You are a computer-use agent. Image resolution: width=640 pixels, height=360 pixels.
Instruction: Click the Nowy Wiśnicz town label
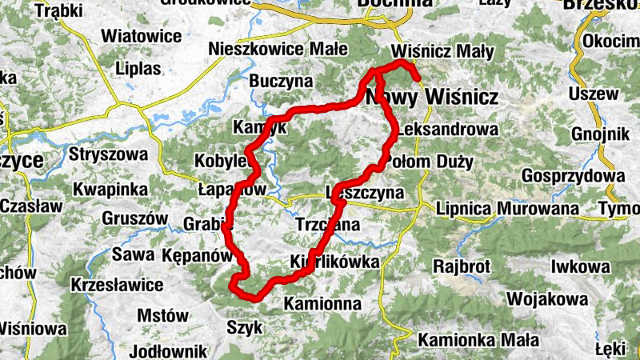click(x=432, y=98)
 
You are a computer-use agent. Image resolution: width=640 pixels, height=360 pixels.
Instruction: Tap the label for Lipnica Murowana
click(x=508, y=209)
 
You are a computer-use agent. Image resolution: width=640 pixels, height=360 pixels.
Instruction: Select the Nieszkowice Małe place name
click(x=278, y=49)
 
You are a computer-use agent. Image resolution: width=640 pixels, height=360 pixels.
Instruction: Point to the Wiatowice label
click(x=142, y=36)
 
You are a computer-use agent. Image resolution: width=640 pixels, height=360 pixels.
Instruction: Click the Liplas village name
click(x=138, y=68)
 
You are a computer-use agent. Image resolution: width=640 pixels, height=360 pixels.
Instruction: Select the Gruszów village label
click(x=134, y=218)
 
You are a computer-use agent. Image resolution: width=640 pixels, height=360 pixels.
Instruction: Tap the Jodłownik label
click(x=168, y=350)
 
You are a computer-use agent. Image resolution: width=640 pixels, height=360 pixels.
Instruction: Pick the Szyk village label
click(x=244, y=326)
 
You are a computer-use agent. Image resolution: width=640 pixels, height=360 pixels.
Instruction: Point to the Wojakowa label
click(x=548, y=299)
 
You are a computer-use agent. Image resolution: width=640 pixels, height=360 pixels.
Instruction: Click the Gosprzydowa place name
click(x=572, y=175)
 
